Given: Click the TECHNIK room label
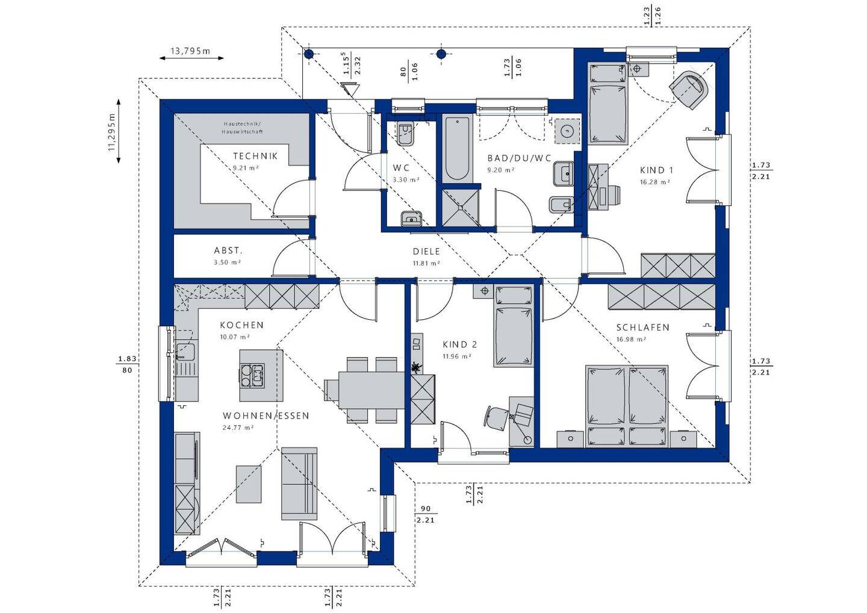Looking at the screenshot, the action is tap(255, 156).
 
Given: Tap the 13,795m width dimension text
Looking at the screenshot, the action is tap(190, 51).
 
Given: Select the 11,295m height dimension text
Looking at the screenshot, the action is tap(112, 132).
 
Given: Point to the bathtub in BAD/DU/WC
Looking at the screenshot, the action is tap(457, 148).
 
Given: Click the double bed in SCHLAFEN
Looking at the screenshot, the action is tap(627, 406).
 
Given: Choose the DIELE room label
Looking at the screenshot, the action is tap(426, 252).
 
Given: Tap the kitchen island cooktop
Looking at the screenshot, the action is tap(252, 375).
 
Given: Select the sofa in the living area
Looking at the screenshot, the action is tap(299, 484).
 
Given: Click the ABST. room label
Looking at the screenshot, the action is tap(228, 250).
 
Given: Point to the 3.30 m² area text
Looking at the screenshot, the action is tap(406, 180).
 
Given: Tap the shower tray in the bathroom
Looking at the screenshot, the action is tap(461, 207).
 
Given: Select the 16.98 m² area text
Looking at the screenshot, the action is tap(631, 340).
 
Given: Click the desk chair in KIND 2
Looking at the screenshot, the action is tap(497, 417).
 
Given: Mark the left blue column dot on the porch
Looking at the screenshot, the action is tap(308, 54).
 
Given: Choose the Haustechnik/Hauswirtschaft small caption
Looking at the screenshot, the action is tap(242, 128).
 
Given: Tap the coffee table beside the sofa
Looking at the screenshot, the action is tap(249, 484).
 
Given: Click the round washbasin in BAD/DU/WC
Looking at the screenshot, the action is tap(567, 132).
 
